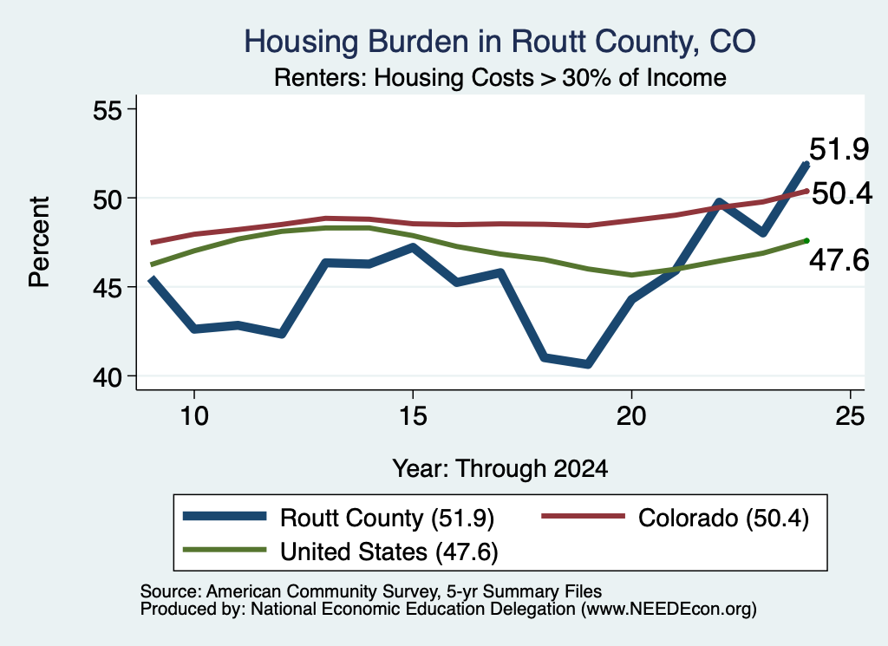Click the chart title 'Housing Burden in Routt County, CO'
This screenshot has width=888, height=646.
click(x=499, y=42)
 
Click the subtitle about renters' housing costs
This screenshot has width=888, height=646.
click(x=500, y=77)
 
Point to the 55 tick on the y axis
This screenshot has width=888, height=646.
click(x=108, y=110)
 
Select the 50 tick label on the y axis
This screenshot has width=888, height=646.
click(x=108, y=199)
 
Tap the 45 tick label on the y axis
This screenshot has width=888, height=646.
click(x=108, y=288)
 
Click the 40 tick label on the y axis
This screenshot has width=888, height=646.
click(x=108, y=377)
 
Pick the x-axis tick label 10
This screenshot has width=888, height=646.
click(x=194, y=416)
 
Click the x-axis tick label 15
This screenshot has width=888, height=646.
click(x=413, y=416)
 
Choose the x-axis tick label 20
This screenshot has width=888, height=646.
click(x=631, y=416)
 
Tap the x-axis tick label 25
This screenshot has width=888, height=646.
click(x=850, y=416)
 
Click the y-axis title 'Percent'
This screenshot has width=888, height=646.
click(x=40, y=242)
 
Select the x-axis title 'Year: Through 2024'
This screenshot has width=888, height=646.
click(x=500, y=469)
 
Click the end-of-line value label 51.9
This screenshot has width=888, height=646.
click(x=839, y=149)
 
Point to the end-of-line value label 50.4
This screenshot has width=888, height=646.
click(x=842, y=194)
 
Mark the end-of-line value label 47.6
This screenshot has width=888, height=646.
click(x=839, y=260)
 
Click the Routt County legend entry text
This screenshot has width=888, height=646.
click(x=388, y=518)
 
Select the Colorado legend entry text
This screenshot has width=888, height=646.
click(x=723, y=518)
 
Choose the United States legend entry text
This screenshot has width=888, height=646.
click(x=389, y=552)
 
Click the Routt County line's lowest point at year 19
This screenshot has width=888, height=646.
click(x=588, y=364)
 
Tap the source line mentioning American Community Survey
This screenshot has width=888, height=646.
click(x=371, y=591)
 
